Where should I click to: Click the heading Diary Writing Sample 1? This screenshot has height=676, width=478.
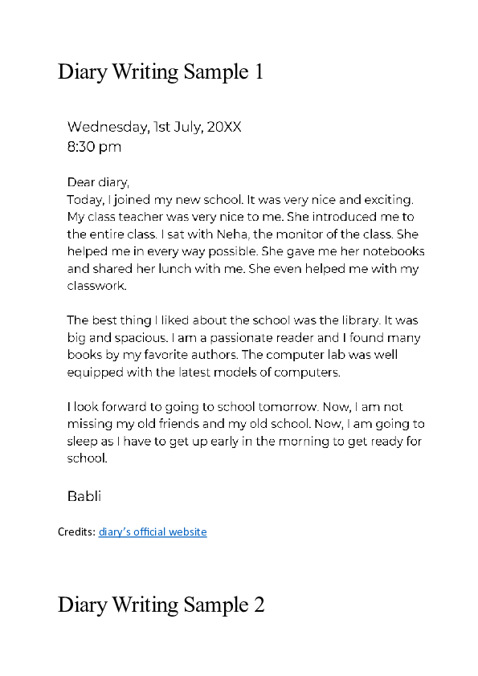(x=161, y=72)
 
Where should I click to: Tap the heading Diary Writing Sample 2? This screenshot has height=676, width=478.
(x=161, y=605)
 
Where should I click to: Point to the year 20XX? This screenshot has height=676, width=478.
(x=224, y=127)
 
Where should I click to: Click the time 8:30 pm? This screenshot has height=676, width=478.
(x=94, y=147)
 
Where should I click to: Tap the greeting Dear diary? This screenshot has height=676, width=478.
(x=97, y=182)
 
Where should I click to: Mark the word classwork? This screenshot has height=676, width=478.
(x=96, y=287)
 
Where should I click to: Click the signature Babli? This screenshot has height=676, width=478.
(x=84, y=496)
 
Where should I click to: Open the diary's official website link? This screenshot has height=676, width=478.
(x=153, y=531)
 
